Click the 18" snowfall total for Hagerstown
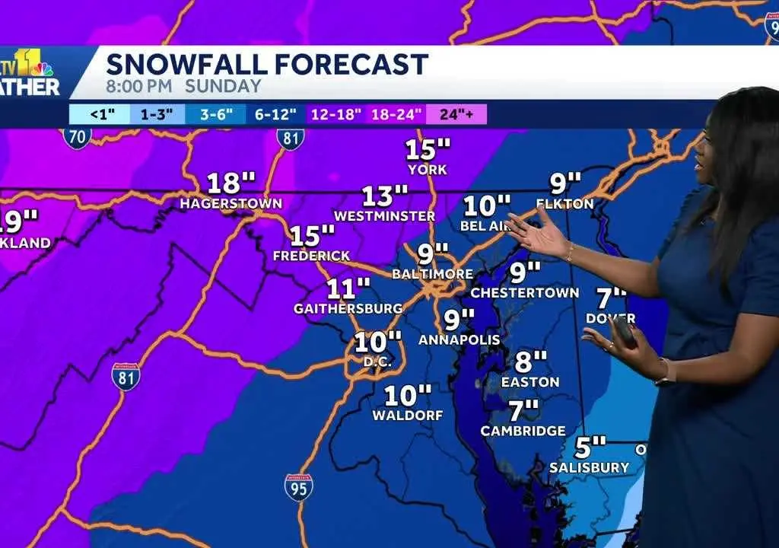[x=231, y=183]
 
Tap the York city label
[x=427, y=170]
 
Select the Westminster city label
[x=384, y=216]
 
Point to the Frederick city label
[x=312, y=256]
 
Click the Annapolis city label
[x=459, y=339]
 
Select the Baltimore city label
[x=432, y=274]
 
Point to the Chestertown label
[x=525, y=292]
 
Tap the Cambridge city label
[x=523, y=431]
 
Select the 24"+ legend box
[x=456, y=114]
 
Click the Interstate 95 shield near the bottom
[x=298, y=487]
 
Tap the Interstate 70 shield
[x=77, y=137]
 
